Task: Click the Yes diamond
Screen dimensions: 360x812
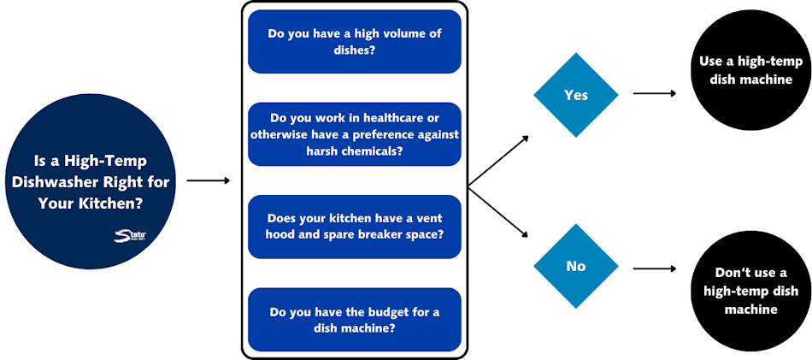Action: [x=576, y=95]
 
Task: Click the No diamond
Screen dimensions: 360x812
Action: [x=576, y=266]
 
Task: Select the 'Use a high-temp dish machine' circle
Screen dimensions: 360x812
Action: [x=750, y=71]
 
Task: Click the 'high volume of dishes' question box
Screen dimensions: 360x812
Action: [x=355, y=42]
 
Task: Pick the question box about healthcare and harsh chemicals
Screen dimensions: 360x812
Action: [x=355, y=134]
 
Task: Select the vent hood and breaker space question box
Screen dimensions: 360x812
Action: [x=355, y=226]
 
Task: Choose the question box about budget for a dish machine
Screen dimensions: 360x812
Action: [x=355, y=319]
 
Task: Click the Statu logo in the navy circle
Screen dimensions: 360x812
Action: [x=130, y=235]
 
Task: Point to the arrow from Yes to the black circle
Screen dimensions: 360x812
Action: [x=654, y=92]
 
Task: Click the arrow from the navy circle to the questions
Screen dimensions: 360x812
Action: [x=208, y=180]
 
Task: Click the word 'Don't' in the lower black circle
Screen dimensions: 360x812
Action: [x=733, y=273]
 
